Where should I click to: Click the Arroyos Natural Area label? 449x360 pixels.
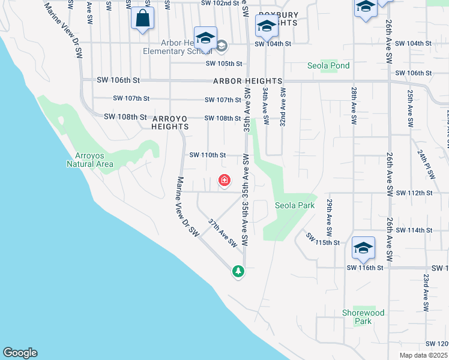click(x=89, y=159)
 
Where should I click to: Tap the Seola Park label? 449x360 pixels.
click(x=295, y=205)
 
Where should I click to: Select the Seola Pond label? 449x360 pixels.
click(x=328, y=65)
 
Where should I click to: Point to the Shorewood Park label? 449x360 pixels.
click(x=363, y=317)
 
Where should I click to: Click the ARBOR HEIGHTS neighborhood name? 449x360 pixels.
click(x=247, y=81)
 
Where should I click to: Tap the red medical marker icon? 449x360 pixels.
click(x=224, y=180)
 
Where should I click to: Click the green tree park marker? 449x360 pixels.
click(x=238, y=271)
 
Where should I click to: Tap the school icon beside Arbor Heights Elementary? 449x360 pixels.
click(x=205, y=37)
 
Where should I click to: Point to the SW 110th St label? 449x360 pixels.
click(x=208, y=155)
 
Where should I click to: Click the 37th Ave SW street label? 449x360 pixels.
click(x=223, y=233)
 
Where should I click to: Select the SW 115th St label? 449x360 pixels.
click(x=323, y=239)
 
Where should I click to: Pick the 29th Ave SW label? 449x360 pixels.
click(x=330, y=217)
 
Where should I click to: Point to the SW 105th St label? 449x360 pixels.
click(x=223, y=64)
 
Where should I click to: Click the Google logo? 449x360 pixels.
click(x=20, y=353)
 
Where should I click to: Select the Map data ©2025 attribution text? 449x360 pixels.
click(x=423, y=355)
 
